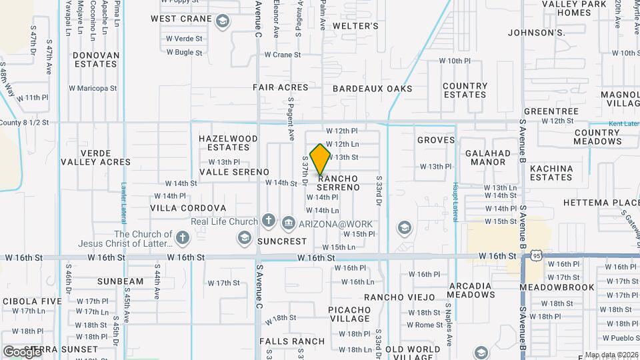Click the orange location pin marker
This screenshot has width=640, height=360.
coord(321,159)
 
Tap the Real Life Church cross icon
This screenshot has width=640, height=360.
coord(269,221)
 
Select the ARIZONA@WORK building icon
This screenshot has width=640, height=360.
coord(288,222)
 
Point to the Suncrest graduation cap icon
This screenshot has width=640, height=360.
coord(244,238)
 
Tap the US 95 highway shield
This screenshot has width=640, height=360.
coord(537,255)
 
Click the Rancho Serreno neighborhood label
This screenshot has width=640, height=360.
coord(338,183)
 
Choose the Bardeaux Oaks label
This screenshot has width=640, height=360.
coord(372,88)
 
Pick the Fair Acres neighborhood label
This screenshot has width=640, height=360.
coord(281,87)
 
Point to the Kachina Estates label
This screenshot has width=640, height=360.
coord(551,173)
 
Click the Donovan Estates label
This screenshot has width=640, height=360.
coord(96,60)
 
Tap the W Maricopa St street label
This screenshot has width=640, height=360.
coord(93,87)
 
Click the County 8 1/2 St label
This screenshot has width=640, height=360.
coord(25,123)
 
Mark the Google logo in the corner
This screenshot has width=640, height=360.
coord(22,351)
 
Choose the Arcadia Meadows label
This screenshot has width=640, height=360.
coord(470,291)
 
